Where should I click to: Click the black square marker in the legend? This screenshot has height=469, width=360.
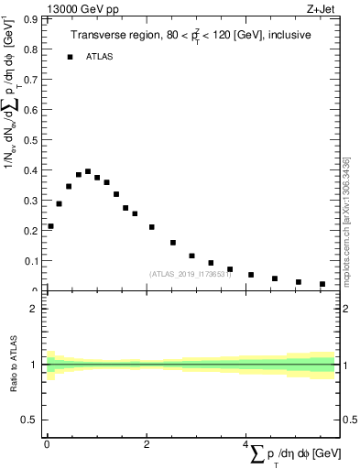click(70, 57)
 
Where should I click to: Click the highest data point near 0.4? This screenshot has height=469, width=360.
click(88, 171)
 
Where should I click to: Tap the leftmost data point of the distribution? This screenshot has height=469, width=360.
click(50, 226)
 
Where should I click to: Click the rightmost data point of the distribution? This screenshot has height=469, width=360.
click(322, 284)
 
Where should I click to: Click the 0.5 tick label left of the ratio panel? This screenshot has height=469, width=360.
click(30, 420)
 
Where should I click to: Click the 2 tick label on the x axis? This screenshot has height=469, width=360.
click(147, 444)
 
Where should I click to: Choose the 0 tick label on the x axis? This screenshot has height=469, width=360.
click(47, 444)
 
